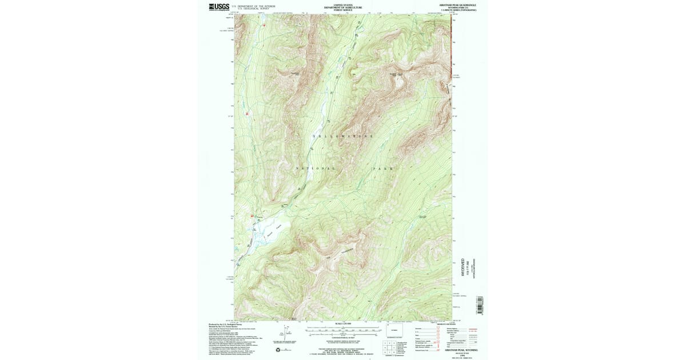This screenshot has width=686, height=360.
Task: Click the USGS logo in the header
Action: [220, 7]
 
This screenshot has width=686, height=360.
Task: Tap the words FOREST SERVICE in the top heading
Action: [343, 10]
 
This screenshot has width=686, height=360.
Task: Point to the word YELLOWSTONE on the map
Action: [343, 136]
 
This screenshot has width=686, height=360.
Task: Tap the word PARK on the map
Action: [384, 169]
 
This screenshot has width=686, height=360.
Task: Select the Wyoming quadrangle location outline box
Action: [394, 331]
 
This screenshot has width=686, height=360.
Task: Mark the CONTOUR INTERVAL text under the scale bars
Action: [343, 338]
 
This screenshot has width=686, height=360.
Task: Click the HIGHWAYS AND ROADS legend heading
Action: [446, 324]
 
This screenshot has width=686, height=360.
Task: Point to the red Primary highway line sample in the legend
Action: [472, 329]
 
